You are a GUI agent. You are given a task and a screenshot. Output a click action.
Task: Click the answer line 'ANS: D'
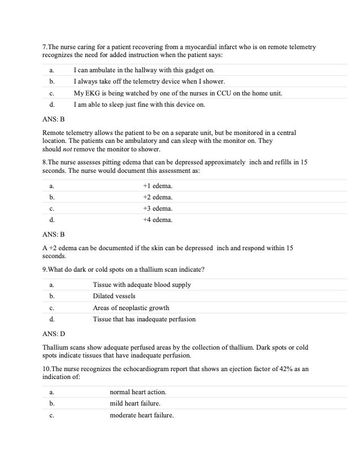54,334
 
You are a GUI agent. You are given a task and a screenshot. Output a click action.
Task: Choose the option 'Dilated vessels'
114,296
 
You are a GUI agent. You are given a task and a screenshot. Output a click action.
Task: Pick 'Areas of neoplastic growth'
131,308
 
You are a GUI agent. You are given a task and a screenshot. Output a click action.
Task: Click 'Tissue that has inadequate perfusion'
144,319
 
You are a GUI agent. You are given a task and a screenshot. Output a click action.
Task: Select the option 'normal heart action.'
138,391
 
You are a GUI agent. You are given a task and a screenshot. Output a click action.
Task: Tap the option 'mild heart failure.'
135,403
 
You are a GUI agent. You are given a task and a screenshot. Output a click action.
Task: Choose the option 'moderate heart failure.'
142,415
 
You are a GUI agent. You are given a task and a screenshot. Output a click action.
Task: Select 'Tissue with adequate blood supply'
142,285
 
